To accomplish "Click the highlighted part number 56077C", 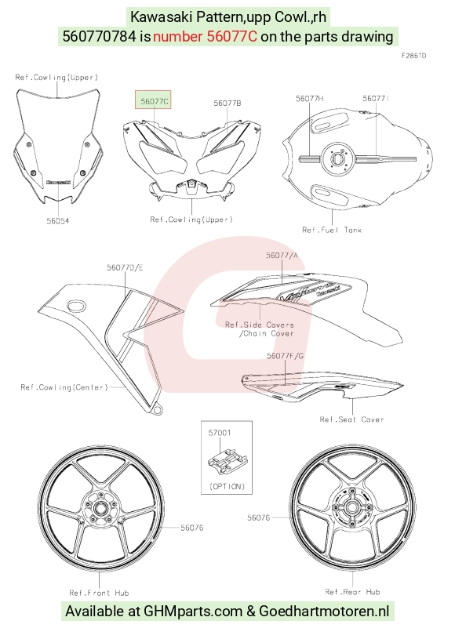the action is tap(155, 102).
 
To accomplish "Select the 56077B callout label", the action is tap(227, 103).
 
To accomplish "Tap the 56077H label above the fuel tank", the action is tap(310, 99).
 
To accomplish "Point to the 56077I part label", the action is tap(376, 99).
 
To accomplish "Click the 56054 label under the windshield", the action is tap(58, 220).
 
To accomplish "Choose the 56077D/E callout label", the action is tap(125, 267).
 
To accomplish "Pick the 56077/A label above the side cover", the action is tap(282, 255).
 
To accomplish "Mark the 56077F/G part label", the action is tap(285, 356).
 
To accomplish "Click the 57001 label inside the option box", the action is tap(220, 433).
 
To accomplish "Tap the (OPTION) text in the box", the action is tap(227, 486).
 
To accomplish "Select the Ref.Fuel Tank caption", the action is tap(332, 230).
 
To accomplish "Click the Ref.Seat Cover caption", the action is tap(351, 419).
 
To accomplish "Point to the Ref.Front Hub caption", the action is tap(99, 593).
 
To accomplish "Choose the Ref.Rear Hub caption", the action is tap(352, 592).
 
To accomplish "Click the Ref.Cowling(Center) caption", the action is tap(64, 387).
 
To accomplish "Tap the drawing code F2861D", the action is tap(413, 56).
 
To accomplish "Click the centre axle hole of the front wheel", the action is tap(99, 509).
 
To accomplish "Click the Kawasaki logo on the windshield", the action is tap(59, 182).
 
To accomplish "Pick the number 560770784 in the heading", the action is tap(100, 36).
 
